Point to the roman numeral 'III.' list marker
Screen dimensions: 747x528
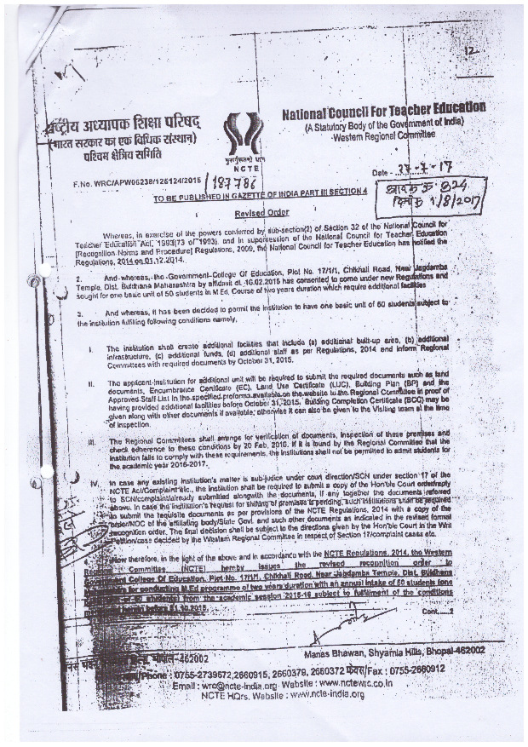point(91,443)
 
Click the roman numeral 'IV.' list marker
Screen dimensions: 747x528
point(91,484)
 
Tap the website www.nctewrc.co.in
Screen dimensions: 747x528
point(352,683)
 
